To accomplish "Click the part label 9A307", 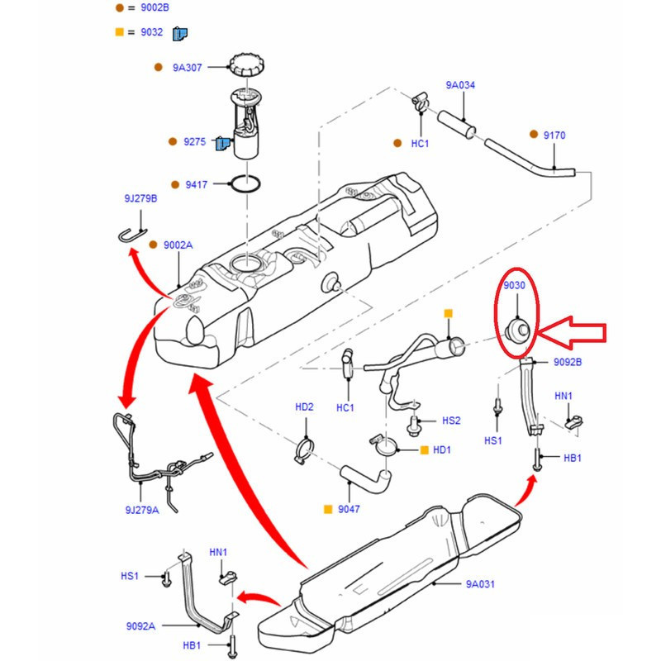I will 188,68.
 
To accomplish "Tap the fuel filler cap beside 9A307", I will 246,65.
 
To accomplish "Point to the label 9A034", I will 460,85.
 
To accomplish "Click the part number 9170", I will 554,135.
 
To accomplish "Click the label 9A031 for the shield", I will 480,584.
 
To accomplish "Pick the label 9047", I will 349,510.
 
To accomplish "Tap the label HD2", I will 304,407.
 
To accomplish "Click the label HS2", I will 450,421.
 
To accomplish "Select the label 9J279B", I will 140,198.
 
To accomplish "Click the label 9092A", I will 141,626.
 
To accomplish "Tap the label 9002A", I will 178,245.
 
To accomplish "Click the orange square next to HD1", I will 425,449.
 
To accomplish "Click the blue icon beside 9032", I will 180,34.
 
